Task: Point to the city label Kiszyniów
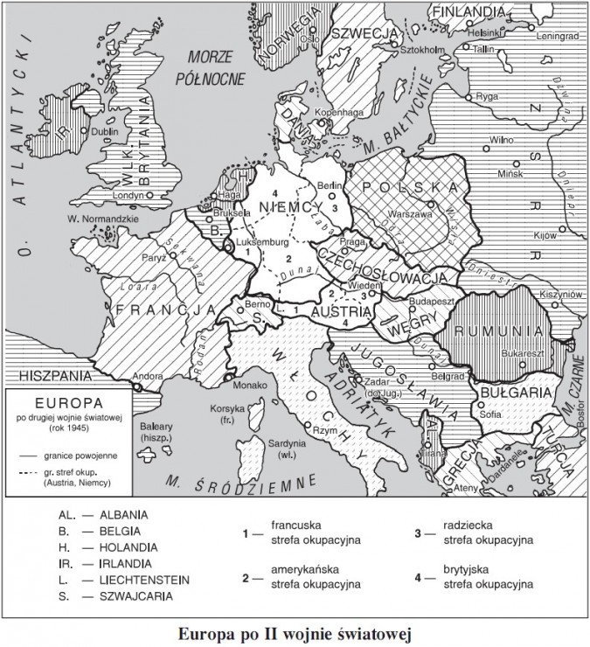(x=560, y=296)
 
